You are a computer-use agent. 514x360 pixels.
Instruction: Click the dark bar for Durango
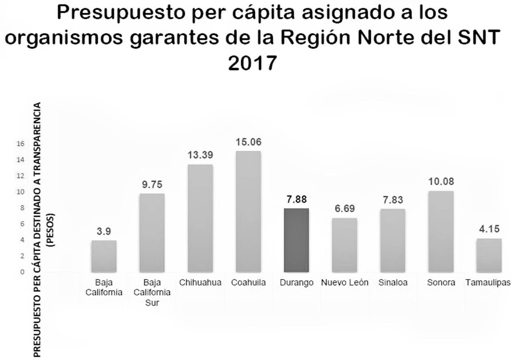pyautogui.click(x=296, y=240)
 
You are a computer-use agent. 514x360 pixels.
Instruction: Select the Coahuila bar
pyautogui.click(x=249, y=211)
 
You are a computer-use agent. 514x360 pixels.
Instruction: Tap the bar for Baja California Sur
pyautogui.click(x=152, y=233)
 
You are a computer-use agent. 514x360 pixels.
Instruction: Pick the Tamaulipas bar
pyautogui.click(x=489, y=255)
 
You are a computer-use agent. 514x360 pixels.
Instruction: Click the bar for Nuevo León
pyautogui.click(x=345, y=245)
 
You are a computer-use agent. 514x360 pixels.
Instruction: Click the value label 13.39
pyautogui.click(x=200, y=155)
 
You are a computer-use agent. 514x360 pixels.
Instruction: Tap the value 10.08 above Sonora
pyautogui.click(x=441, y=182)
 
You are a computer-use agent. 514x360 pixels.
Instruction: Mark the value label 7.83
pyautogui.click(x=393, y=200)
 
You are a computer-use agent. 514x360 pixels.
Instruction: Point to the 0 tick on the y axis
pyautogui.click(x=22, y=272)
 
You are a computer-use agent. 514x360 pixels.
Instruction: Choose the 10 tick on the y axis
pyautogui.click(x=20, y=192)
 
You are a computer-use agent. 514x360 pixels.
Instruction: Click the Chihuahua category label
pyautogui.click(x=200, y=282)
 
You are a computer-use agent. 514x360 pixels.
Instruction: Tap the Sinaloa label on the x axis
pyautogui.click(x=393, y=282)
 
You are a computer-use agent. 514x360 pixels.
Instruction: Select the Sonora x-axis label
pyautogui.click(x=441, y=282)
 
